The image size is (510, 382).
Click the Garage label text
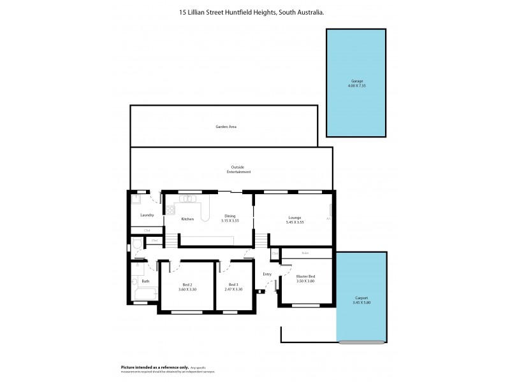coord(356,81)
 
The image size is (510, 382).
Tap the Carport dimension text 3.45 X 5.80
coord(361,302)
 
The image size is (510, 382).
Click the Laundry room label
coord(147,215)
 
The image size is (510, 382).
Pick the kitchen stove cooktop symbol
coord(170,209)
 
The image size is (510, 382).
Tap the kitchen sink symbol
coord(188,198)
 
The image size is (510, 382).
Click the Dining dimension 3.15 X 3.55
coord(229,220)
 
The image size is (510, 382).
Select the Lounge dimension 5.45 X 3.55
coord(294,221)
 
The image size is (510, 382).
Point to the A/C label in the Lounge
coord(328,218)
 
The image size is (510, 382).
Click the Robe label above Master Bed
coord(305,253)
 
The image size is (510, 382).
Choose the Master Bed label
coord(305,276)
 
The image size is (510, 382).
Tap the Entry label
coord(267,274)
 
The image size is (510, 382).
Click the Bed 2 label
coord(187,285)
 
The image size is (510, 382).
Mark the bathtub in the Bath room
coord(146,295)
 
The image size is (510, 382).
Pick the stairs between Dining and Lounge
coord(261,240)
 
